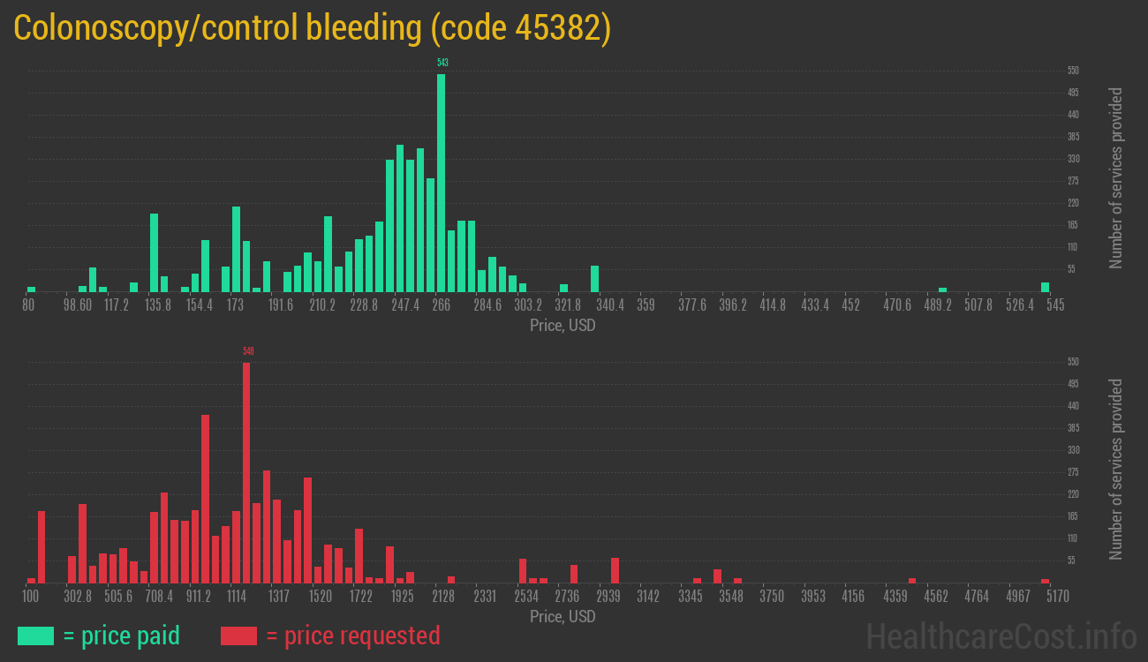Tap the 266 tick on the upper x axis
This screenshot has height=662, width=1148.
click(441, 305)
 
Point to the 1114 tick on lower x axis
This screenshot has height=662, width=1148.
click(237, 597)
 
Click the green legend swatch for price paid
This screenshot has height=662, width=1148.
click(35, 636)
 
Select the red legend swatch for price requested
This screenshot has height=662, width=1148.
click(238, 636)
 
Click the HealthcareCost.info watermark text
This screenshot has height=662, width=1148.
click(1001, 636)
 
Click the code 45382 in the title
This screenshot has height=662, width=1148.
click(519, 28)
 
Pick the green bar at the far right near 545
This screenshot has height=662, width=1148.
click(1045, 287)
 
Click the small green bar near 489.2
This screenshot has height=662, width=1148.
click(942, 290)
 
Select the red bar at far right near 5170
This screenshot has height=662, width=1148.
click(1045, 581)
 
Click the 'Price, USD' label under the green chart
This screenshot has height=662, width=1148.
click(563, 326)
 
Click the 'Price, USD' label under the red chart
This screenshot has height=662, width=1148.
click(563, 617)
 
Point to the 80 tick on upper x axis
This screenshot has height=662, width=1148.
click(28, 305)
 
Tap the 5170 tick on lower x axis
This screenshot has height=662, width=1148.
click(1045, 597)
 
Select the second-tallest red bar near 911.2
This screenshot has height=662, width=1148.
click(206, 499)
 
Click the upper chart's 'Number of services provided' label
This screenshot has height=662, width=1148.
click(1116, 178)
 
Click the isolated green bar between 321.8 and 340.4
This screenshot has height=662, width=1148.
click(594, 278)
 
